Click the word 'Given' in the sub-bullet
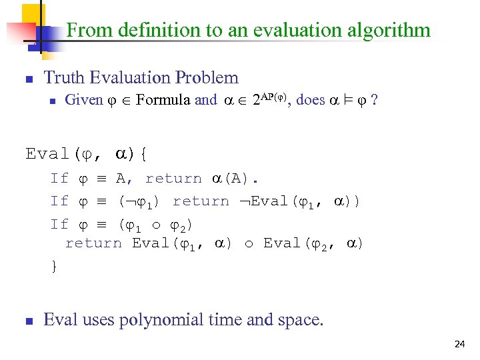(x=83, y=100)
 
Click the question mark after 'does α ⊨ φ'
(x=375, y=100)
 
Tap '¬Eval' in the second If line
(x=267, y=201)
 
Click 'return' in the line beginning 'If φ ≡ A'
(x=173, y=179)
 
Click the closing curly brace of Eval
(x=54, y=266)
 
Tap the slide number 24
(x=459, y=344)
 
